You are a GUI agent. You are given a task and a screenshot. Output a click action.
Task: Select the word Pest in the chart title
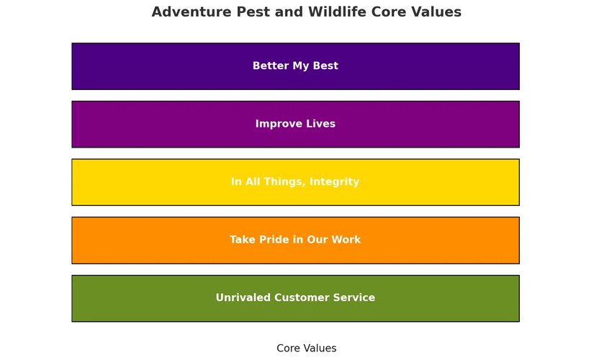click(x=253, y=12)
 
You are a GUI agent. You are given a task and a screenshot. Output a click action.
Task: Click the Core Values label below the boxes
click(x=307, y=348)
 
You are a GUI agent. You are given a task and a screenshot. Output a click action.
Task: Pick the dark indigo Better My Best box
click(x=295, y=66)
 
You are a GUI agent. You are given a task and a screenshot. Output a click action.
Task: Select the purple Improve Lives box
click(x=295, y=124)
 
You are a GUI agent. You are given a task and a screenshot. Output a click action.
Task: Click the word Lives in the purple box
click(x=320, y=124)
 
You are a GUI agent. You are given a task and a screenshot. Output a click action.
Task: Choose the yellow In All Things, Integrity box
click(x=295, y=182)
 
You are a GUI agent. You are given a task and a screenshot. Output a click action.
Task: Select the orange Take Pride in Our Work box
click(x=295, y=240)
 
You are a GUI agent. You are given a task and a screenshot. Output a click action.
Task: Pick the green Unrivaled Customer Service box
click(x=295, y=298)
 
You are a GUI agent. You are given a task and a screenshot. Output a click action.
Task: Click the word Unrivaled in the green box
click(x=243, y=297)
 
